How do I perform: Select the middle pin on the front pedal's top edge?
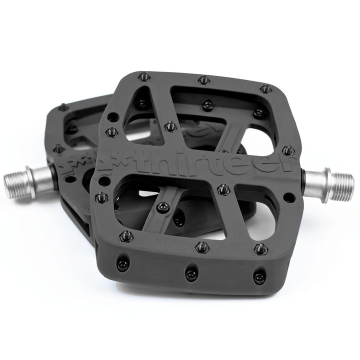(202, 79)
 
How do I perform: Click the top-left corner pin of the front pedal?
(141, 76)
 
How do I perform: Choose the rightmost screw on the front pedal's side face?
(257, 276)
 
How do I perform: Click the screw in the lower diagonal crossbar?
(160, 205)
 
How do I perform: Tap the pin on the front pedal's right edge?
(288, 148)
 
